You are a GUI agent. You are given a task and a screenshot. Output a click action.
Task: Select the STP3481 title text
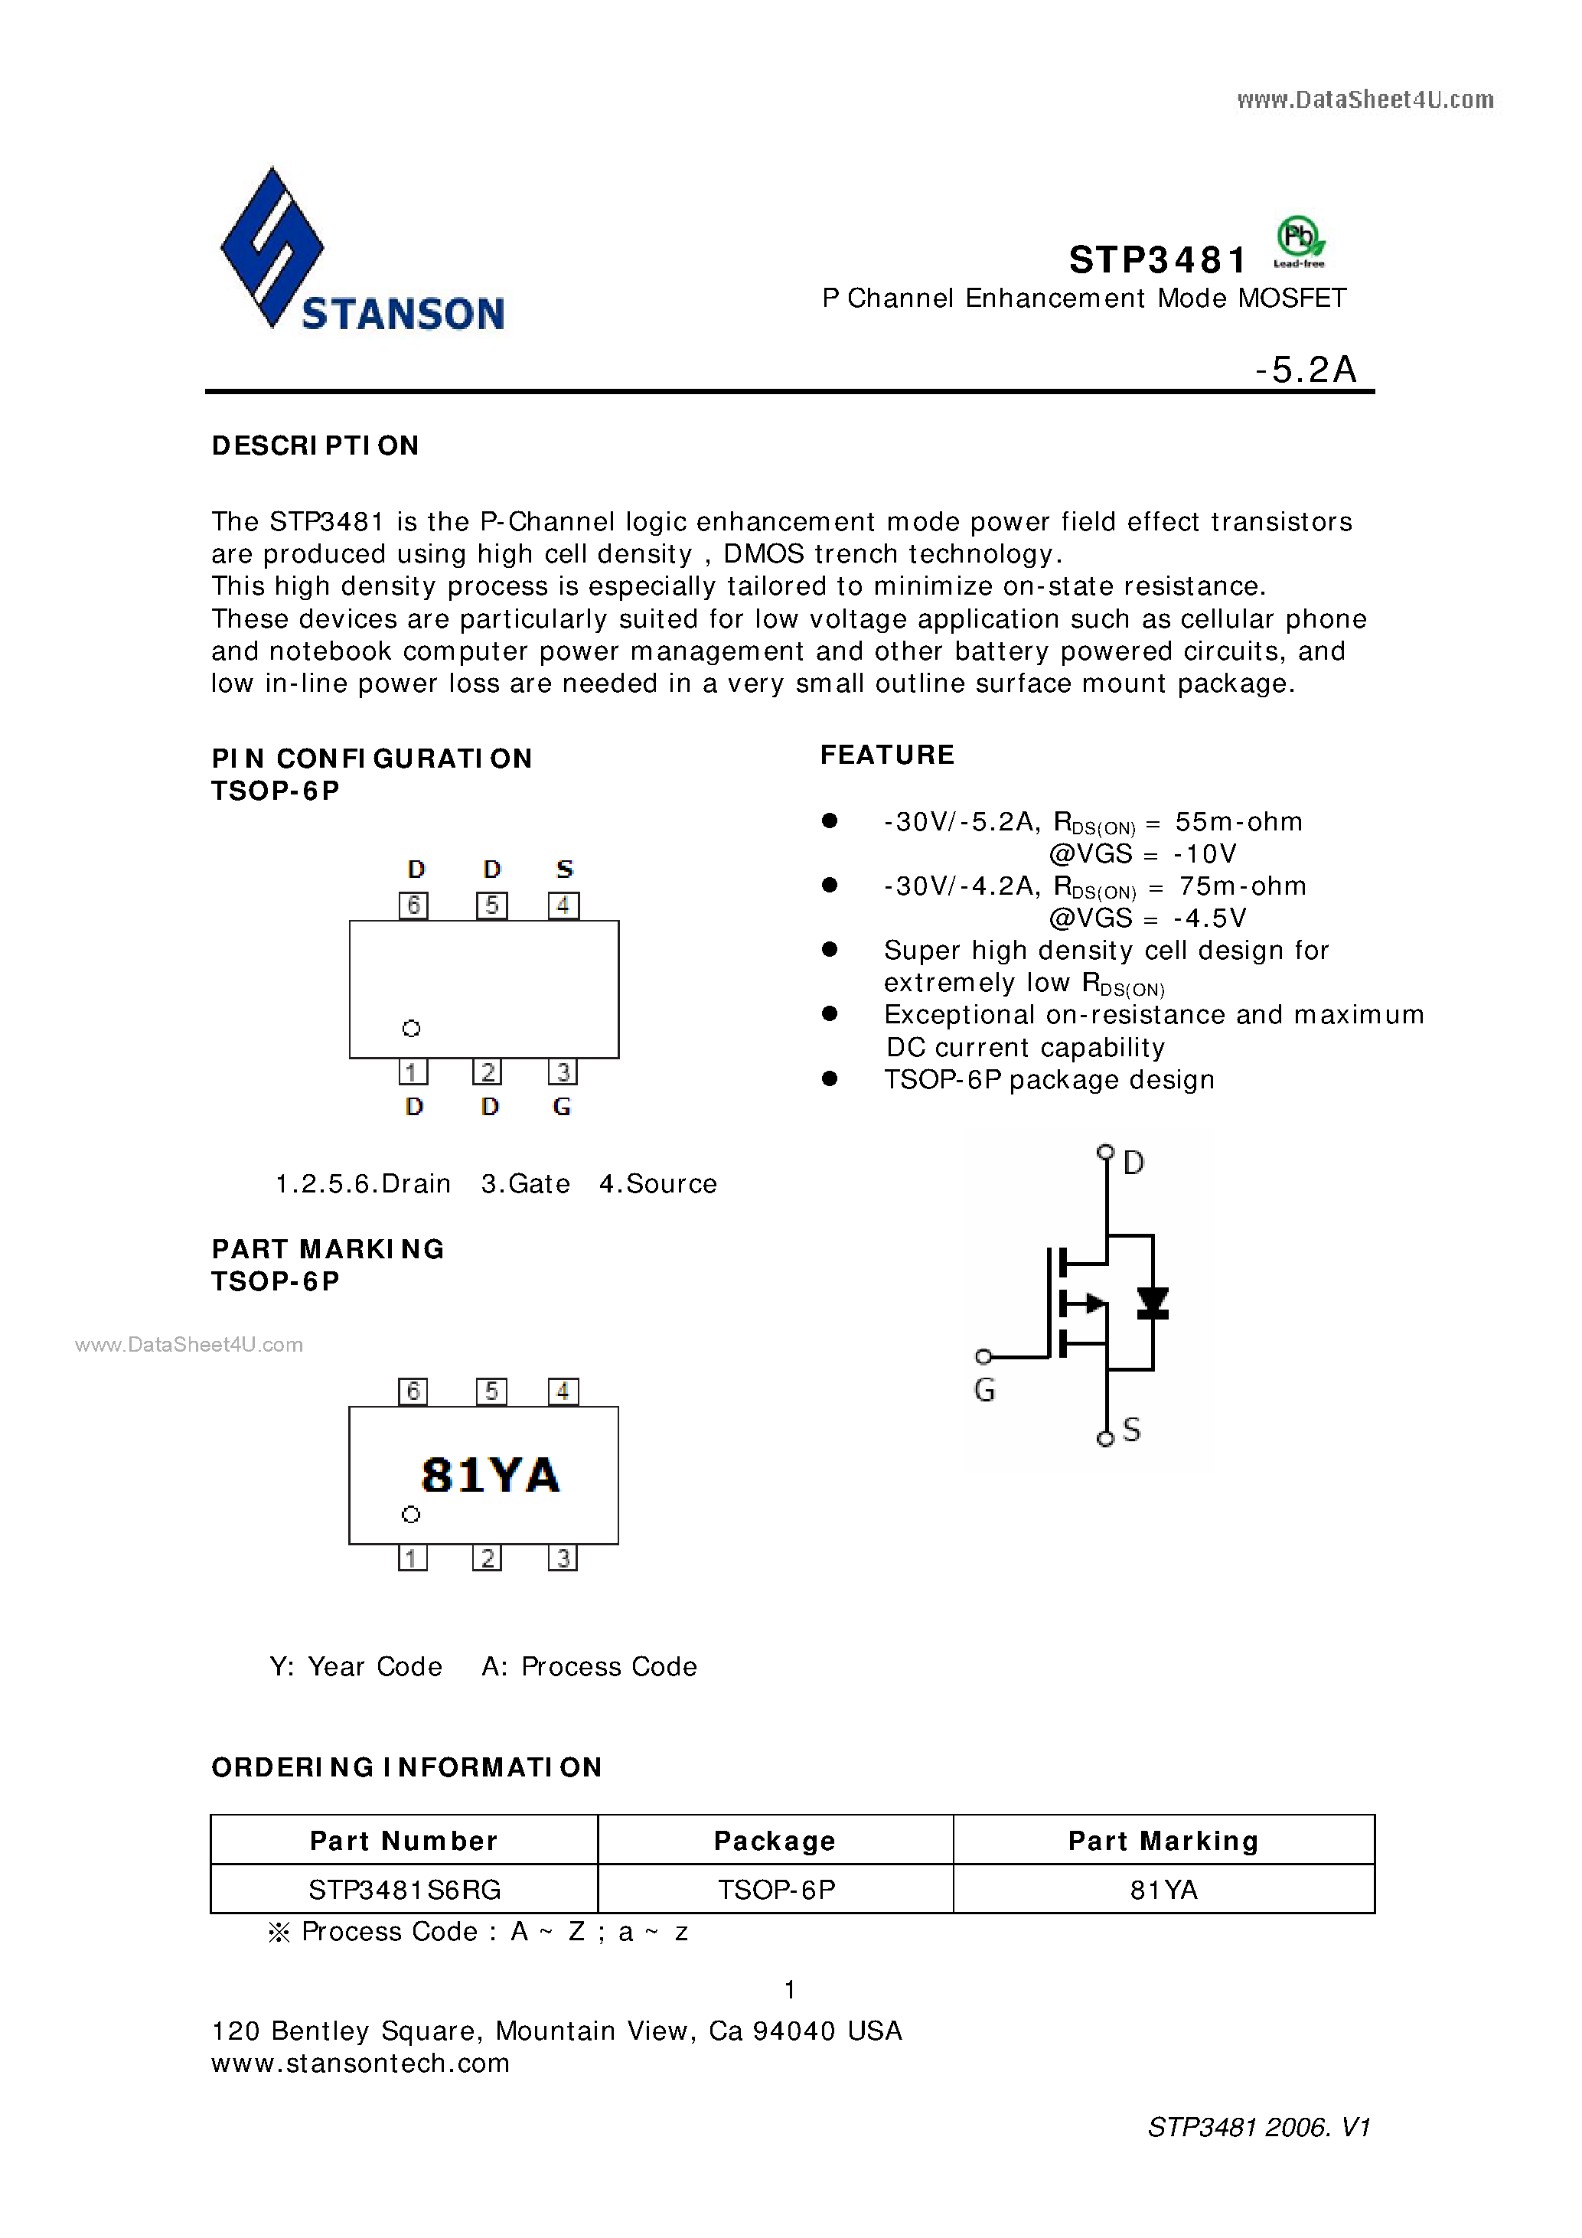1157,260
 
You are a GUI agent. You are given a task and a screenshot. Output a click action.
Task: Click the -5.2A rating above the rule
1306,370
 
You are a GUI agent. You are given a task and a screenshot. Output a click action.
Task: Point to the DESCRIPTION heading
315,445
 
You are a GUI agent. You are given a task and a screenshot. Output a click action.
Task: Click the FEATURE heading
887,755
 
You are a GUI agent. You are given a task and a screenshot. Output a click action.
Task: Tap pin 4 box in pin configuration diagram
563,905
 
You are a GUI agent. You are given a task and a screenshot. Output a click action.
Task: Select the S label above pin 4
564,869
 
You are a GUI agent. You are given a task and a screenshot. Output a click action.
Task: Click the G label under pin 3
562,1106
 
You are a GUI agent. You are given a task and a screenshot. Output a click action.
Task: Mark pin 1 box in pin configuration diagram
413,1072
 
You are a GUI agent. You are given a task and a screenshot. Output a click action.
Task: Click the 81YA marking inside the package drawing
491,1475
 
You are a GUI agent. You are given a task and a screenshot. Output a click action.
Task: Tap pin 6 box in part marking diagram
413,1391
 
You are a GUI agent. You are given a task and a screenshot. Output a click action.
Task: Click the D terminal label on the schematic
1133,1162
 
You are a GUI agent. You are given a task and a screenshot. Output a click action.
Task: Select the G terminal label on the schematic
984,1390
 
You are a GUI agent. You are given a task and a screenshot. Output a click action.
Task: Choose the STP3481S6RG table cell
405,1890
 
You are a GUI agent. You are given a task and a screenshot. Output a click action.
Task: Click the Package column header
775,1840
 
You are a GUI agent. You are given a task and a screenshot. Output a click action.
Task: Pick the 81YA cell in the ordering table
1164,1890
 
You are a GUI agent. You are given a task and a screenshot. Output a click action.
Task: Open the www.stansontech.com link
360,2063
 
